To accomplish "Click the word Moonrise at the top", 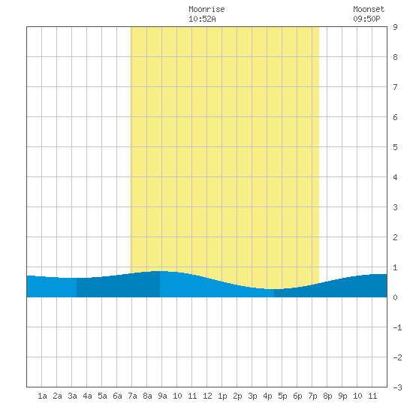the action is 206,9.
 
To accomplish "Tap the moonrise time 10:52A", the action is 202,19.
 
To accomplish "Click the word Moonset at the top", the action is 369,9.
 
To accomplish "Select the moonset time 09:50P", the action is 366,19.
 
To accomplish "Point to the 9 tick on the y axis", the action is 395,27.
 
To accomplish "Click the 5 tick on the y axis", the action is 395,147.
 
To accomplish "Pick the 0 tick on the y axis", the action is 395,297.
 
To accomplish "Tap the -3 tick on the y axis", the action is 397,387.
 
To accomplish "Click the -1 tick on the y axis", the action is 397,327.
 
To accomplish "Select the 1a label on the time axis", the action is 42,396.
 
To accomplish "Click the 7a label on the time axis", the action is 132,396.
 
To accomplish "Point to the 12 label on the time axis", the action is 207,396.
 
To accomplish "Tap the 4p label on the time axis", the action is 267,396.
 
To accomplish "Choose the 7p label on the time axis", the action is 312,396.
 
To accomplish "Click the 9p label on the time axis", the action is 342,396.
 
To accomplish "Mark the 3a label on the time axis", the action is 72,396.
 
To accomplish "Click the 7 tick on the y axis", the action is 395,87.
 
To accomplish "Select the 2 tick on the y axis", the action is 395,237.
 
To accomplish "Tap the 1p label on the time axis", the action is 222,396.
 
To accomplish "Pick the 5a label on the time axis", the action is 102,396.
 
